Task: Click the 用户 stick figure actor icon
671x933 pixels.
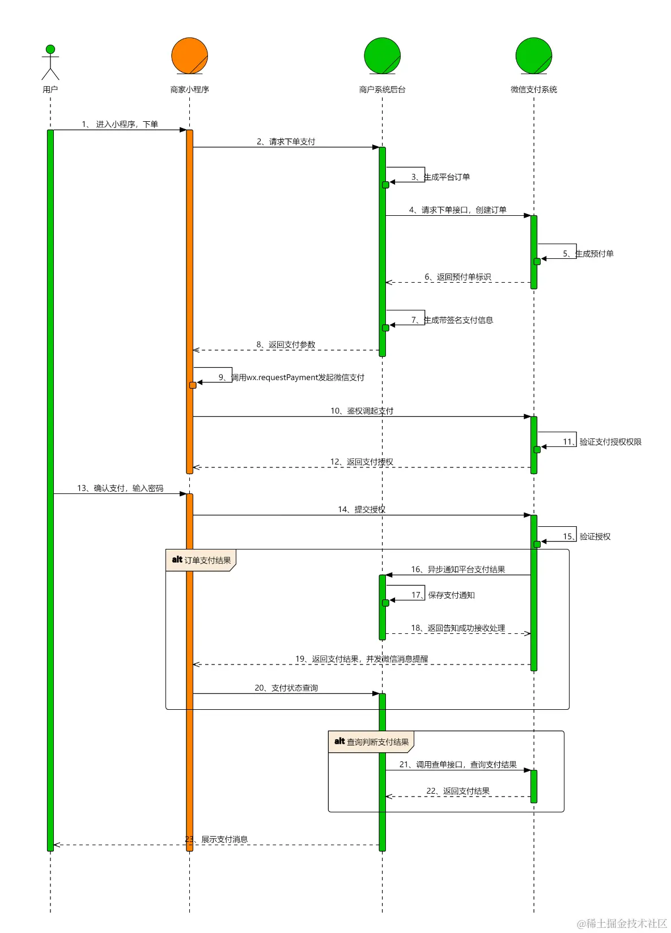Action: tap(50, 62)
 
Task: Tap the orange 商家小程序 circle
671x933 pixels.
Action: tap(190, 56)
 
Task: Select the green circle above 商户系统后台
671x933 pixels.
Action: tap(383, 56)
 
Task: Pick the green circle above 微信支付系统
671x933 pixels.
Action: tap(534, 56)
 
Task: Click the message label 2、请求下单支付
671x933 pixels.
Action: tap(286, 142)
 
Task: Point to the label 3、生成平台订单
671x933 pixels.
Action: tap(441, 177)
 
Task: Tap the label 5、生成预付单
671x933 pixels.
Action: tap(588, 254)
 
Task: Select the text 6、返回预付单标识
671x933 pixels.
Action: tap(458, 277)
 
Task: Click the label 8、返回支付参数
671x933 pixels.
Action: tap(286, 344)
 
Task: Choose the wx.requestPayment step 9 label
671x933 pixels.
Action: tap(292, 377)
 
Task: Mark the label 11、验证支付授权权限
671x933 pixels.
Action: tap(602, 442)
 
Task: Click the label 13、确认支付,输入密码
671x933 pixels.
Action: tap(120, 488)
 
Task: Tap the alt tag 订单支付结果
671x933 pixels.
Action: tap(201, 560)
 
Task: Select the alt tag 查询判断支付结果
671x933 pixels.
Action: tap(372, 742)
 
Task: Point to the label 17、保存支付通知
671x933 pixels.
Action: tap(443, 595)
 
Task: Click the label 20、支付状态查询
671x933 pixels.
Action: tap(286, 688)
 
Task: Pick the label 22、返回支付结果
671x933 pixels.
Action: tap(458, 791)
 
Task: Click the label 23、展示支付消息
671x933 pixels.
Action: tap(217, 840)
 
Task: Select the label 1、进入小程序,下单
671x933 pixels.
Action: tap(120, 124)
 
